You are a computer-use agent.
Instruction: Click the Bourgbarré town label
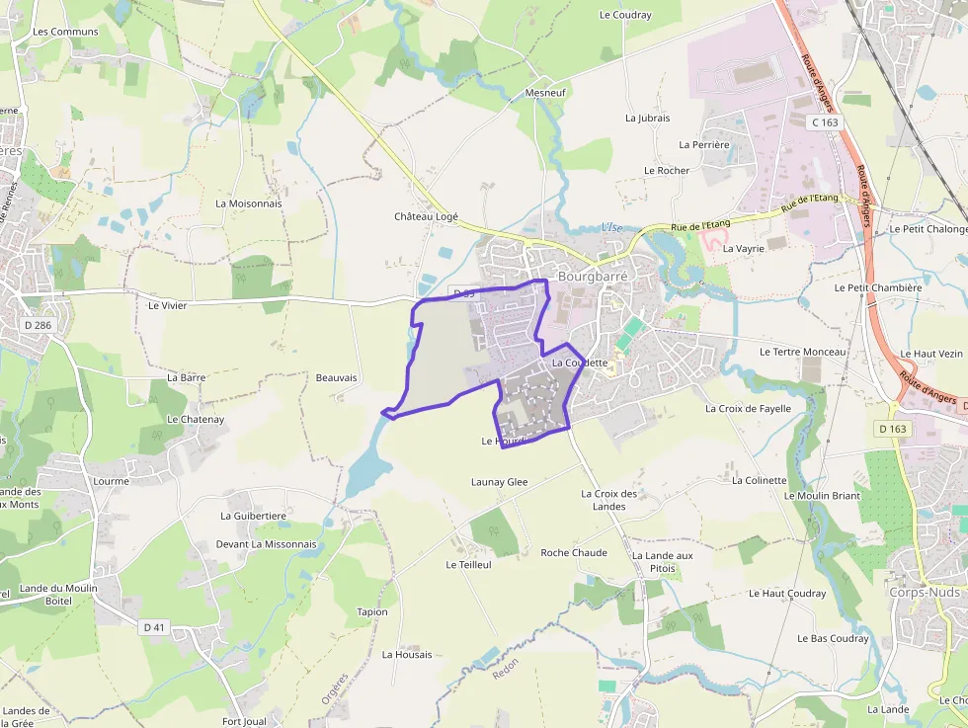pyautogui.click(x=593, y=277)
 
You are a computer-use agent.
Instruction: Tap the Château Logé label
pyautogui.click(x=427, y=216)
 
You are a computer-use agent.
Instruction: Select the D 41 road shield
pyautogui.click(x=153, y=627)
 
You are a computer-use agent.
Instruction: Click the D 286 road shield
pyautogui.click(x=38, y=324)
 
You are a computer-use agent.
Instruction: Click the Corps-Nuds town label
pyautogui.click(x=925, y=592)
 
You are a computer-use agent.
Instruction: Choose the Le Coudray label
pyautogui.click(x=625, y=15)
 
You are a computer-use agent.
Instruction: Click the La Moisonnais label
pyautogui.click(x=249, y=203)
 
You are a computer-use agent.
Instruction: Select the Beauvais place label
pyautogui.click(x=336, y=378)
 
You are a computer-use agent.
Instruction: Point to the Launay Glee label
pyautogui.click(x=499, y=482)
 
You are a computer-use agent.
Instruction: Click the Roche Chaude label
pyautogui.click(x=574, y=552)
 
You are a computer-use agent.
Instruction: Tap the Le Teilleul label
pyautogui.click(x=468, y=565)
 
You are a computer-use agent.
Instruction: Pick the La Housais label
pyautogui.click(x=407, y=655)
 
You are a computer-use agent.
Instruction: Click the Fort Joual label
pyautogui.click(x=244, y=721)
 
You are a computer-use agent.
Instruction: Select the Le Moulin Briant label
pyautogui.click(x=822, y=496)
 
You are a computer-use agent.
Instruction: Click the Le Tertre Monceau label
pyautogui.click(x=803, y=352)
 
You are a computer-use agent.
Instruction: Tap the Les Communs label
pyautogui.click(x=65, y=32)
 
